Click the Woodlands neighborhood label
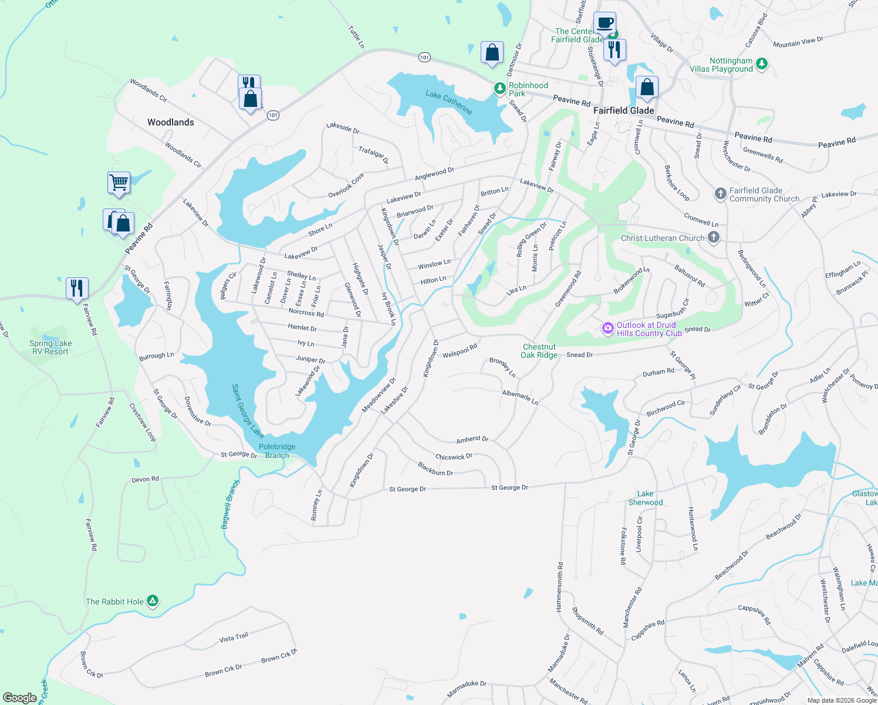(170, 122)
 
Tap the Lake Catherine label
(448, 102)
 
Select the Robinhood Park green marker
(499, 89)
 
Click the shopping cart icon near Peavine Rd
(119, 182)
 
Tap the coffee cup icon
(605, 23)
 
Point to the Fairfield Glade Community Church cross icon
(720, 194)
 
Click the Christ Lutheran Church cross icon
(713, 237)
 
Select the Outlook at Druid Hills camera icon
(608, 328)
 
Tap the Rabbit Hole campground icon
(153, 601)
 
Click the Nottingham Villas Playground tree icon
(761, 63)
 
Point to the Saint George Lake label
(248, 411)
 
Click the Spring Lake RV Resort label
(50, 347)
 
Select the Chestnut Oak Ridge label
(539, 351)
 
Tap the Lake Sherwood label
(646, 498)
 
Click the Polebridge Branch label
(277, 451)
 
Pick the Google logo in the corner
(19, 698)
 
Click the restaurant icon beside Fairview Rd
(77, 288)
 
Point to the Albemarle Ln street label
(520, 397)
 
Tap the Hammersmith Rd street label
(560, 587)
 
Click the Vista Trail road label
(234, 637)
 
